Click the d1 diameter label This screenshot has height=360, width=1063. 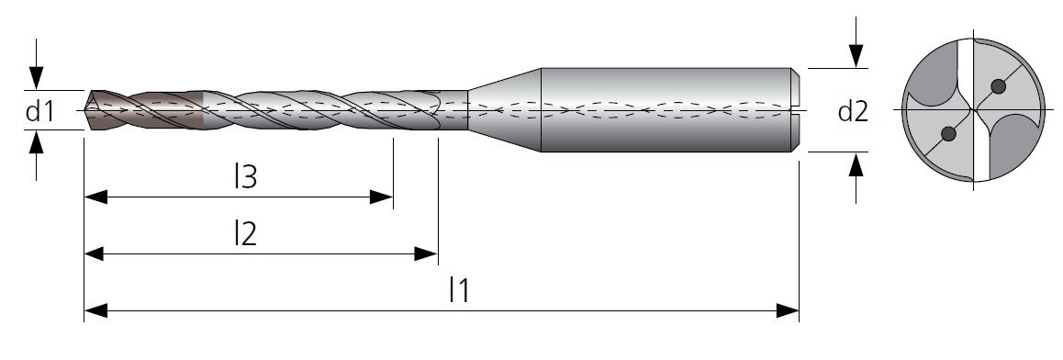coord(39,110)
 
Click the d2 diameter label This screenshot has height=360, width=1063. coord(853,110)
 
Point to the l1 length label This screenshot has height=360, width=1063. coord(459,291)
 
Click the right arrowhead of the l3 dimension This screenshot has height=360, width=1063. coord(382,197)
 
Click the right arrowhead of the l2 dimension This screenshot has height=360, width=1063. coord(427,254)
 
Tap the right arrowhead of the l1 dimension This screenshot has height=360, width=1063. coord(788,311)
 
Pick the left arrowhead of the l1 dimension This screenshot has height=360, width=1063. coord(95,311)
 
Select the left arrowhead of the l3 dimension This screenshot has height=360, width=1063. coord(95,197)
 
